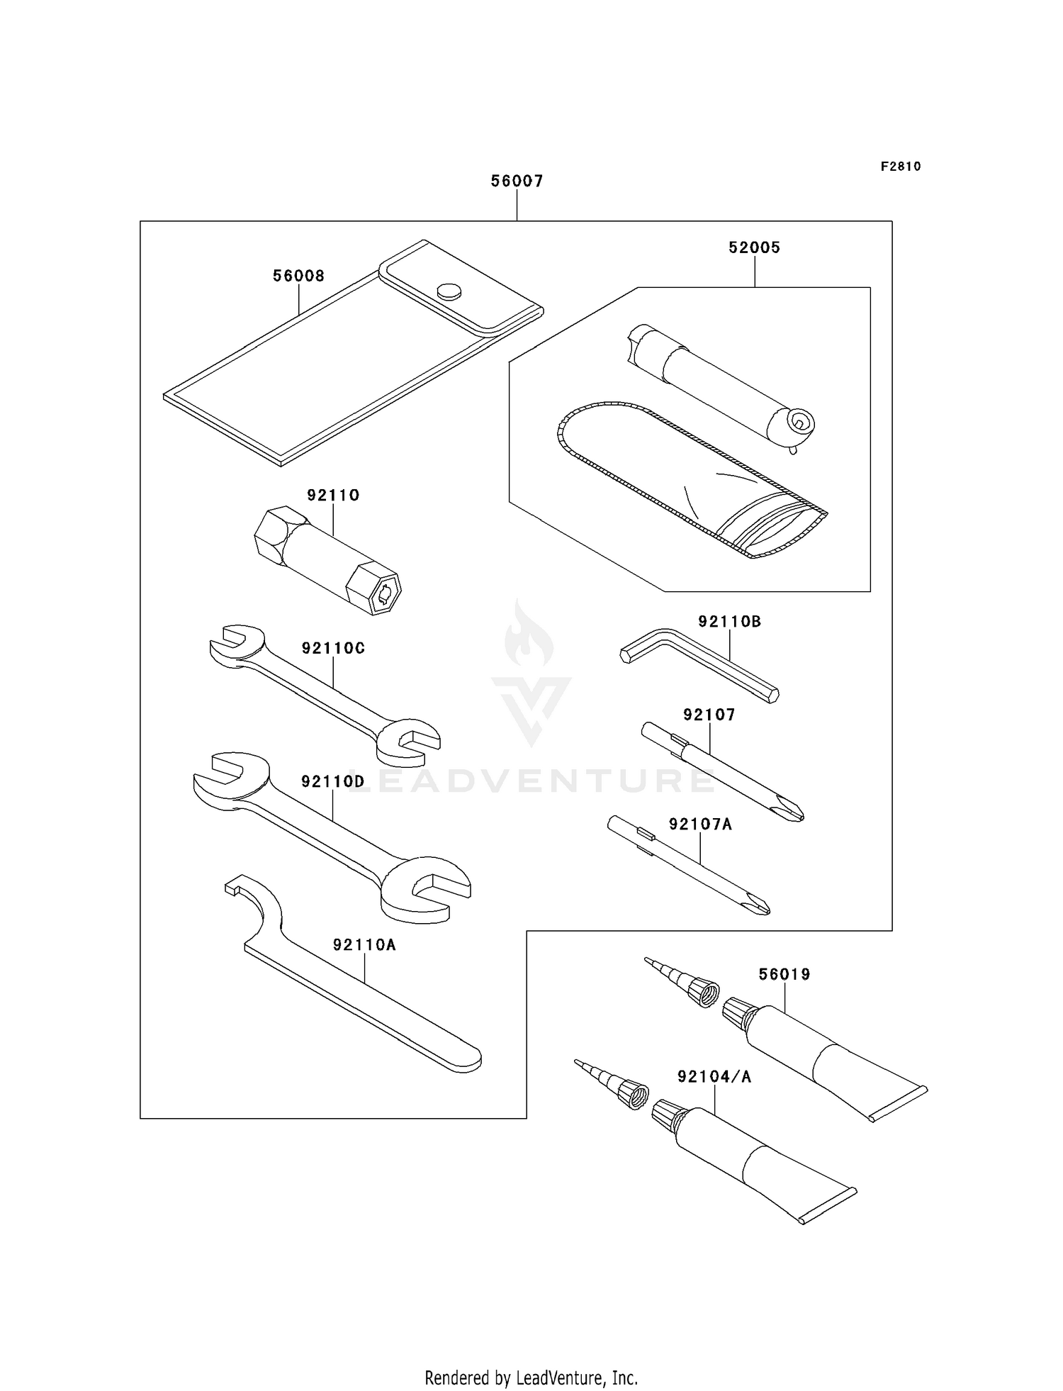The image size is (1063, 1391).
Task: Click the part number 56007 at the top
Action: coord(517,181)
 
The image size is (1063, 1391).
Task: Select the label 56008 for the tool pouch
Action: coord(298,276)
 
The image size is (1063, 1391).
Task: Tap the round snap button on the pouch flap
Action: coord(449,290)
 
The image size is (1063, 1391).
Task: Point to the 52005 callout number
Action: coord(754,248)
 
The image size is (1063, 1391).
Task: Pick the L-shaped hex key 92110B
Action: coord(698,663)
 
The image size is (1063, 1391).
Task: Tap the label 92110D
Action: coord(332,782)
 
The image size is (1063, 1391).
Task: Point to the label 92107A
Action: coord(700,825)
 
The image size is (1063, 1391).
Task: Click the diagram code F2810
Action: coord(901,167)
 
